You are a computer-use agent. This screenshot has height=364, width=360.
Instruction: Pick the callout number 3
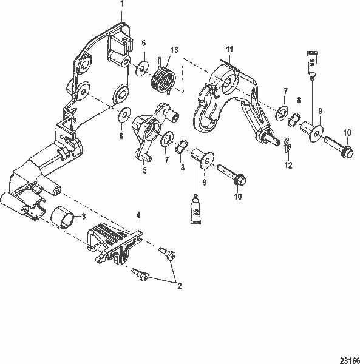point(84,216)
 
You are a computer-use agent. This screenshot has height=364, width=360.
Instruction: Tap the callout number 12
point(288,164)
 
